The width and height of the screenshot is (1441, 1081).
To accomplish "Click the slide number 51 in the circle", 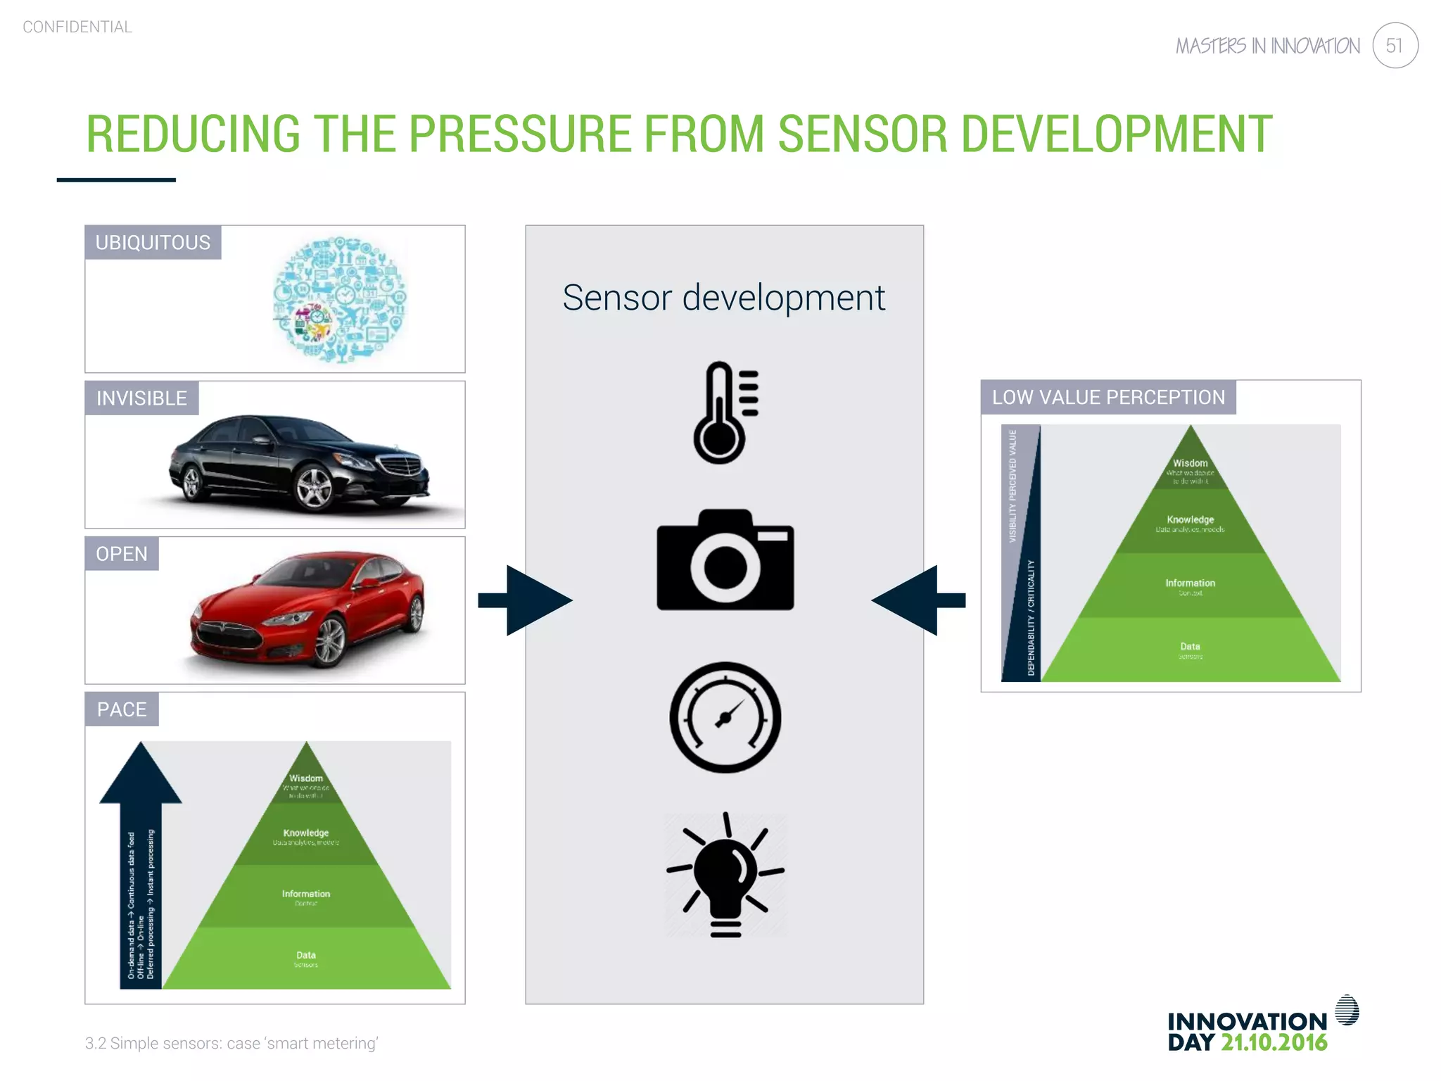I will tap(1394, 46).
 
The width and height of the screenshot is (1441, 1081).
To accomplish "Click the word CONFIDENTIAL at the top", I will tap(77, 27).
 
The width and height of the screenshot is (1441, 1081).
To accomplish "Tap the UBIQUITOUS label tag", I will tap(153, 243).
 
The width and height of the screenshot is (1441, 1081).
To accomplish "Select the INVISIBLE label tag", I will tap(141, 398).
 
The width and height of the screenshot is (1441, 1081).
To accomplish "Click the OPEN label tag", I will tap(122, 554).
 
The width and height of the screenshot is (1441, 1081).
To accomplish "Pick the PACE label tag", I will tap(122, 709).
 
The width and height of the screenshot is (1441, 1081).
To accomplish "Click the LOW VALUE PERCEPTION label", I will tap(1108, 398).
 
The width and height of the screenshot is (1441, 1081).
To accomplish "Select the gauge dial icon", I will tap(725, 717).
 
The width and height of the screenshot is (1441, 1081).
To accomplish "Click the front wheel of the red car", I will tap(328, 643).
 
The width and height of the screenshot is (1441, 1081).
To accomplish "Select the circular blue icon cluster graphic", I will tap(340, 300).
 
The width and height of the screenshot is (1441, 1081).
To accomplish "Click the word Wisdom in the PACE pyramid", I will tap(306, 778).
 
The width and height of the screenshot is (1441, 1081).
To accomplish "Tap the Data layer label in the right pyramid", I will tap(1190, 647).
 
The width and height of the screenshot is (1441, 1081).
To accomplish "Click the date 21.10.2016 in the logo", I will tap(1274, 1042).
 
